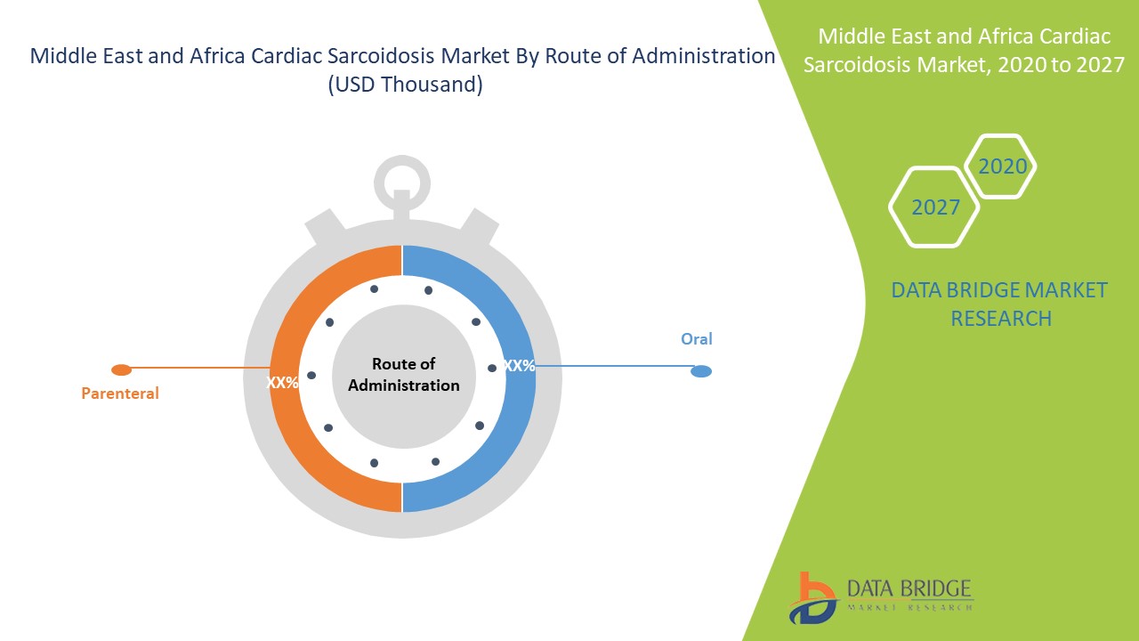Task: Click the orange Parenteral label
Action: [120, 394]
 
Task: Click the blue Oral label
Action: [696, 339]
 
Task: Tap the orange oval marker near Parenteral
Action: [122, 369]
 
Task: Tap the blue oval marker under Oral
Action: [701, 371]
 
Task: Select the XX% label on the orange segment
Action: [282, 383]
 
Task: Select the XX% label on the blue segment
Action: [519, 365]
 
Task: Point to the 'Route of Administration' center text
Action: [404, 375]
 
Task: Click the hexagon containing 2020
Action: [1000, 166]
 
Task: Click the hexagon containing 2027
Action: [934, 207]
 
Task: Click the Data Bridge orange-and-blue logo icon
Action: [812, 598]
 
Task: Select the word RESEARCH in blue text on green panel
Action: [1001, 319]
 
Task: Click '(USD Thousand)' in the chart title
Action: [405, 85]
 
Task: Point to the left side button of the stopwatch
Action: [325, 227]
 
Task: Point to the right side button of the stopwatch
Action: [480, 227]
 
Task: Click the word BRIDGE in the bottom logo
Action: [941, 588]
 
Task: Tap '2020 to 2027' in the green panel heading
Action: [1061, 65]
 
